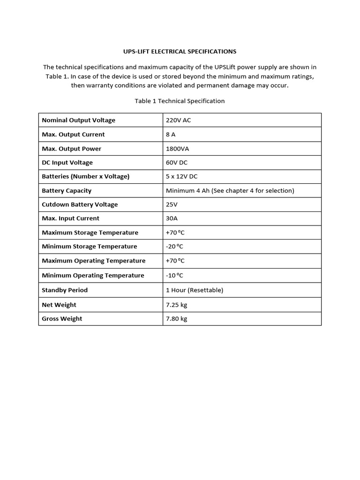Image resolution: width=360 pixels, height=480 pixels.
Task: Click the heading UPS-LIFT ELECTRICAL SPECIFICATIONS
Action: (180, 51)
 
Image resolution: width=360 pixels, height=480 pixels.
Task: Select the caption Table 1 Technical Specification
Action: (180, 101)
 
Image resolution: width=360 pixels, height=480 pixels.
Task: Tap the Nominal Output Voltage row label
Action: (78, 120)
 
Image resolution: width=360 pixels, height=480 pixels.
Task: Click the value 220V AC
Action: (178, 120)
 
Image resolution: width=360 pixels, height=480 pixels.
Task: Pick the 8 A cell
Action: (171, 134)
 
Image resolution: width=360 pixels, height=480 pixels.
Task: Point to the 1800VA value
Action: (177, 149)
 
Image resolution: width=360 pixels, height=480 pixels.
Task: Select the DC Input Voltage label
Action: (67, 162)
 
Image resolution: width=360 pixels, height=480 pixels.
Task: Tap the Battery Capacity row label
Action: (67, 190)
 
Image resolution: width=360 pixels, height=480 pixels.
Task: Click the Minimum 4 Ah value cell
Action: (230, 190)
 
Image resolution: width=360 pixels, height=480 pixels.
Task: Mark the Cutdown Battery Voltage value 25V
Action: (172, 204)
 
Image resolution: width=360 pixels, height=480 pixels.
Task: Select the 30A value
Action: (172, 218)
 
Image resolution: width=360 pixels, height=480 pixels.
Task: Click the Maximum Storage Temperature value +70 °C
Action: (174, 232)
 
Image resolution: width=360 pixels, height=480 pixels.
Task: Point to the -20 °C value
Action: (174, 246)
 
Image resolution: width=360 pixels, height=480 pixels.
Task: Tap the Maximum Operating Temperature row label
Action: (93, 261)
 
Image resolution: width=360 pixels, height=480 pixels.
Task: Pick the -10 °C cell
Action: (174, 275)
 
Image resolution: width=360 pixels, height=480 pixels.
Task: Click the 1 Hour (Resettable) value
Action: (195, 290)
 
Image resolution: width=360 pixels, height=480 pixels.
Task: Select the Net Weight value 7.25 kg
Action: (176, 305)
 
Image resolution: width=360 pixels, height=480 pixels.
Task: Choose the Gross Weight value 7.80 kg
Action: (176, 318)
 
